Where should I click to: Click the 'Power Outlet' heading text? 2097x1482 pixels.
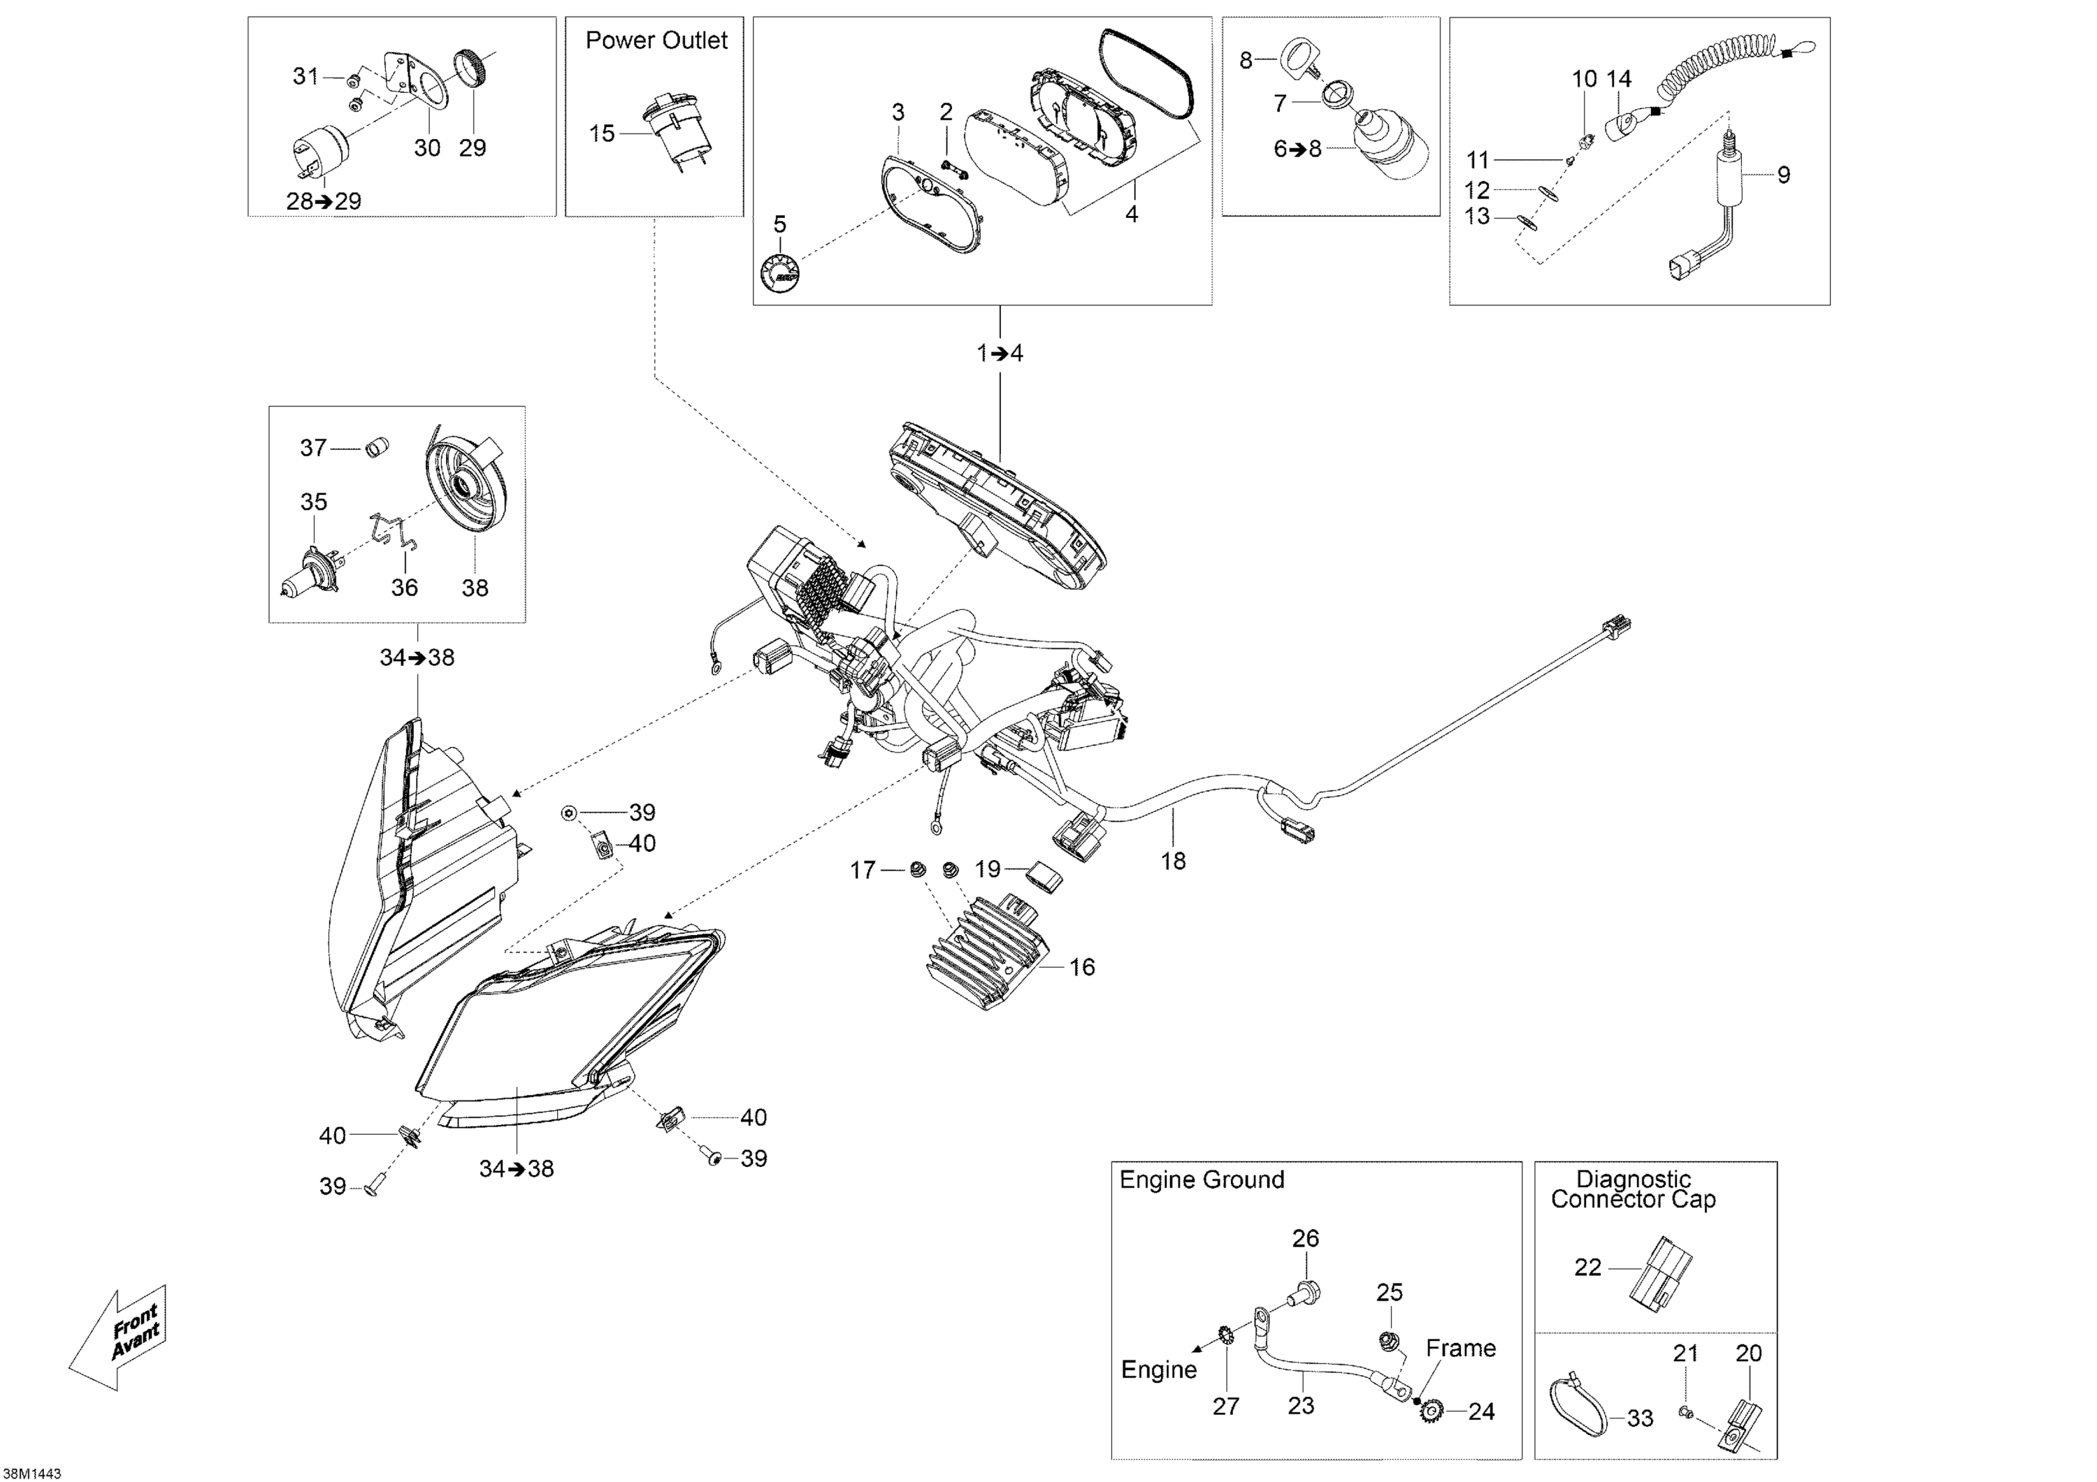(656, 41)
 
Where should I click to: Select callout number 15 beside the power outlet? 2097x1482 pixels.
(601, 134)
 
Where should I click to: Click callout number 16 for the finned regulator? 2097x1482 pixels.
(1081, 967)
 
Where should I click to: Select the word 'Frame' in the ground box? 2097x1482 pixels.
(1460, 1348)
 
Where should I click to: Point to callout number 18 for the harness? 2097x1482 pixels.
(1173, 860)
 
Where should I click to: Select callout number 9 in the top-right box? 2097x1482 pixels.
(1783, 175)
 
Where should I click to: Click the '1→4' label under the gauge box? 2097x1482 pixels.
(1000, 354)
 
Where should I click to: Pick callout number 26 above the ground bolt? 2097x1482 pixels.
(1305, 1238)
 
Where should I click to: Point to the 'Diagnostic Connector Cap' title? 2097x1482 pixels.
(1633, 1190)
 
